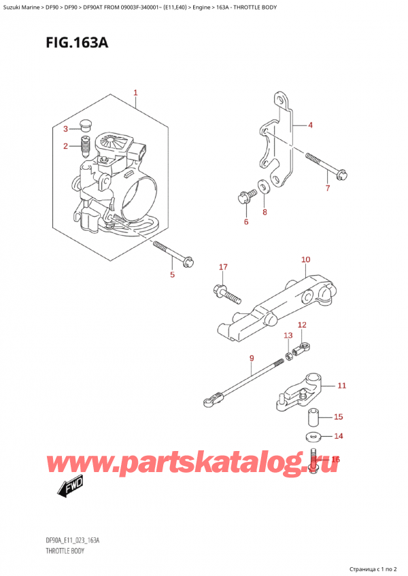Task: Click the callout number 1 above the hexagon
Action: (135, 92)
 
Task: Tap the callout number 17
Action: (223, 267)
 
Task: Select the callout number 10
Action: (306, 259)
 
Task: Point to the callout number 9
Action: (252, 358)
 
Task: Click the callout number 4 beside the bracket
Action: (310, 125)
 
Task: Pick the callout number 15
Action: (338, 416)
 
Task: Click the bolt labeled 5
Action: (173, 253)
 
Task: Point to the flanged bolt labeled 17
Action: (226, 294)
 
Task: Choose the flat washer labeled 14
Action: (313, 437)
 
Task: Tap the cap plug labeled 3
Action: (86, 124)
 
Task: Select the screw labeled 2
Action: (85, 146)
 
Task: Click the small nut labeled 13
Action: (289, 356)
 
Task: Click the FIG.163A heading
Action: (77, 43)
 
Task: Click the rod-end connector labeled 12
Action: (301, 350)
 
